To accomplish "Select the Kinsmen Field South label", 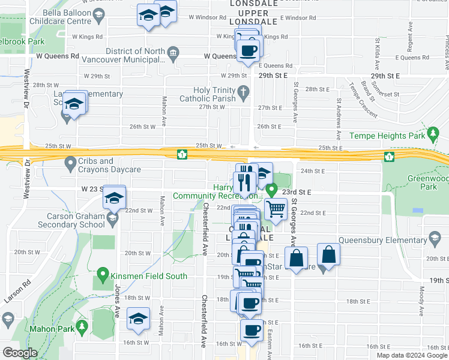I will click(143, 276).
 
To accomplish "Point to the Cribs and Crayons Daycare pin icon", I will click(70, 162).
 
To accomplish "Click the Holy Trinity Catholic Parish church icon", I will click(243, 92).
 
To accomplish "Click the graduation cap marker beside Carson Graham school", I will click(114, 198).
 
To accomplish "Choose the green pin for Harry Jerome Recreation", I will click(271, 190).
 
